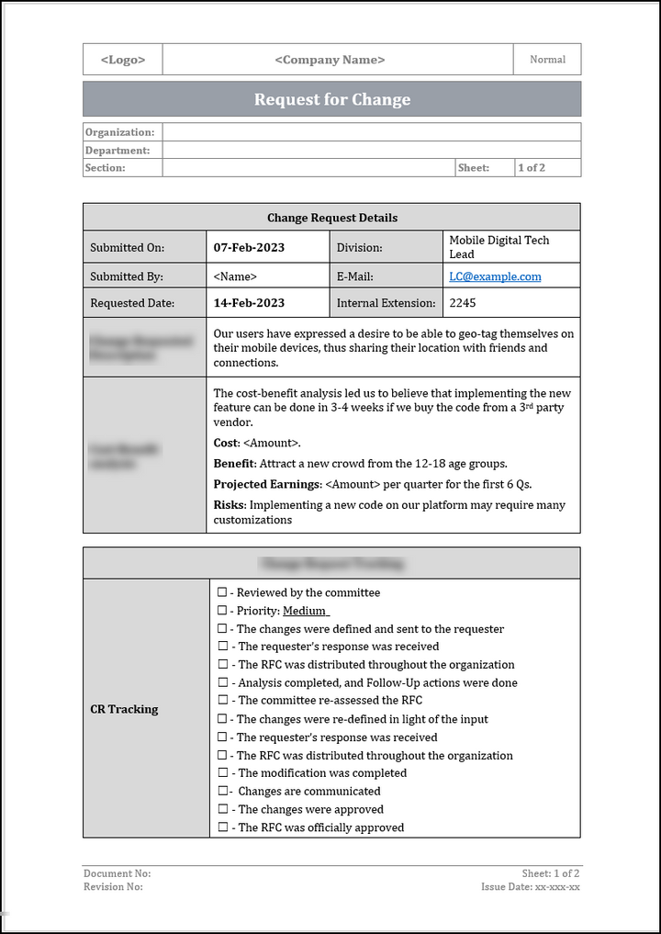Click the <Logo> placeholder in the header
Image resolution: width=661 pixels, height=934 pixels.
[122, 60]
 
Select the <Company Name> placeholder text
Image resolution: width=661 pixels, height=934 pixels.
[330, 60]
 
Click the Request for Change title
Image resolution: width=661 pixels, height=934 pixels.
[331, 99]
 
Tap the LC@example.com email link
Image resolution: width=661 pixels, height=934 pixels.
[495, 276]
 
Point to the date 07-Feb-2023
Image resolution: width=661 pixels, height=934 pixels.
[249, 247]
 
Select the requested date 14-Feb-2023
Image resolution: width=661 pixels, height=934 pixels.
[249, 303]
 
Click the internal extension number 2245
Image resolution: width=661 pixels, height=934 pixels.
[463, 303]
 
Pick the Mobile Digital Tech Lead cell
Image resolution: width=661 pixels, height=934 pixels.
[499, 247]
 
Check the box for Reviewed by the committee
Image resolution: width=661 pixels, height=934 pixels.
[221, 593]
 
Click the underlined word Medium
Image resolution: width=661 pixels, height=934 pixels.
[305, 611]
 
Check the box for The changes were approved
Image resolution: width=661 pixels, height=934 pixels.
[221, 810]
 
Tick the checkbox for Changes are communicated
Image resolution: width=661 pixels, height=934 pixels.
[221, 792]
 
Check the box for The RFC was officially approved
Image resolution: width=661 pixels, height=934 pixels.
[221, 828]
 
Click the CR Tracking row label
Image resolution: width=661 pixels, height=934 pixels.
[124, 709]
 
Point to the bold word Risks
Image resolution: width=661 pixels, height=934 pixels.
[229, 505]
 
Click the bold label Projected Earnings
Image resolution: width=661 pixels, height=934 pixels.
[266, 485]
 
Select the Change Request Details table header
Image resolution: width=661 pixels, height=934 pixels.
[331, 218]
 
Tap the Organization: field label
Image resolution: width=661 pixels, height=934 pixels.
[119, 132]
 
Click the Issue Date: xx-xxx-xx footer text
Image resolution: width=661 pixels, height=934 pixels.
[530, 887]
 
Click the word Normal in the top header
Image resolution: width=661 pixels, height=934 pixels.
[547, 60]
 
